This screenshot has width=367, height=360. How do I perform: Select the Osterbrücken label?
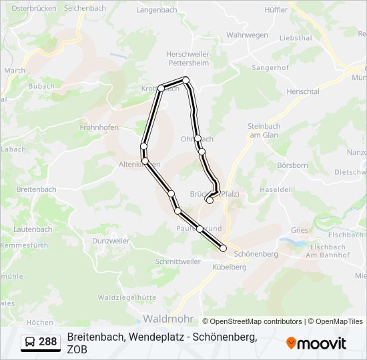click(32, 7)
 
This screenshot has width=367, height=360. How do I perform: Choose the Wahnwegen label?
click(247, 35)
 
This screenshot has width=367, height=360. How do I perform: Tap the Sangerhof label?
click(270, 67)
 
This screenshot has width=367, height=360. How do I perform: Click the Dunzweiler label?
click(111, 240)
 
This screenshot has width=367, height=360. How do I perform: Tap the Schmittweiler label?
click(177, 262)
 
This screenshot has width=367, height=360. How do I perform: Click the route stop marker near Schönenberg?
click(223, 249)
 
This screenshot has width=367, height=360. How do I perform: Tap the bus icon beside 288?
click(30, 342)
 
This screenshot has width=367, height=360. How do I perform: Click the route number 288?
click(47, 342)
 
